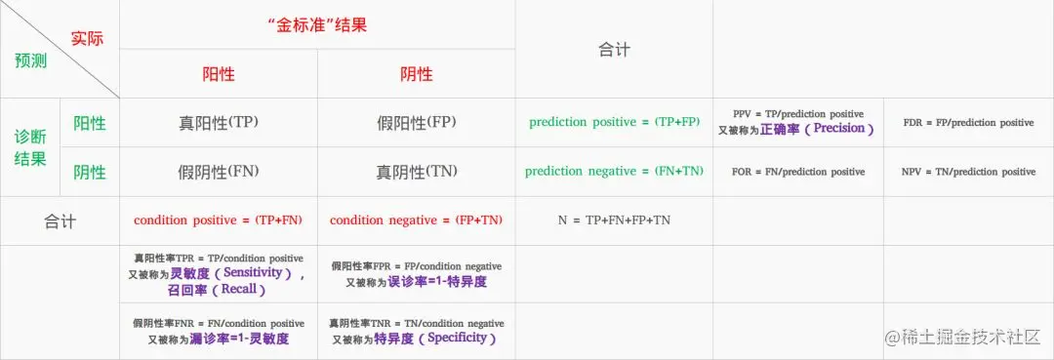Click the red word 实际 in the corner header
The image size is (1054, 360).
click(x=88, y=38)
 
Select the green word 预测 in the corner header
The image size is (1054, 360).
click(x=31, y=61)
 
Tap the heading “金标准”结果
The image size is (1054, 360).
click(x=316, y=24)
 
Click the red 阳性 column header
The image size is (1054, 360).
click(x=219, y=74)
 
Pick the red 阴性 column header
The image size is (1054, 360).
click(x=416, y=74)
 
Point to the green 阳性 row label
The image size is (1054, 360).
click(x=90, y=123)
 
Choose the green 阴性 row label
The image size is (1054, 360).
click(x=90, y=172)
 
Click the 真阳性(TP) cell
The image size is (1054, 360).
click(x=219, y=123)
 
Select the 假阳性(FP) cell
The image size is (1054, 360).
click(x=416, y=123)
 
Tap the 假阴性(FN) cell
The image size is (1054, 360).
click(x=219, y=172)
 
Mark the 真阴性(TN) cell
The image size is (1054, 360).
click(x=416, y=172)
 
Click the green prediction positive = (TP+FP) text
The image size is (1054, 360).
click(x=615, y=122)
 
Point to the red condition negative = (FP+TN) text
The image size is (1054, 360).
click(x=416, y=220)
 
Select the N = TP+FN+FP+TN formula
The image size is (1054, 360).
click(x=615, y=220)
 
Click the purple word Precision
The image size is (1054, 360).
click(x=838, y=128)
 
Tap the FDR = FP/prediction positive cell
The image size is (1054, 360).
click(x=969, y=123)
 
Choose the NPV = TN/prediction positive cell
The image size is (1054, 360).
click(x=969, y=172)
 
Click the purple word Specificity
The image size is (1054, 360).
click(x=457, y=338)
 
